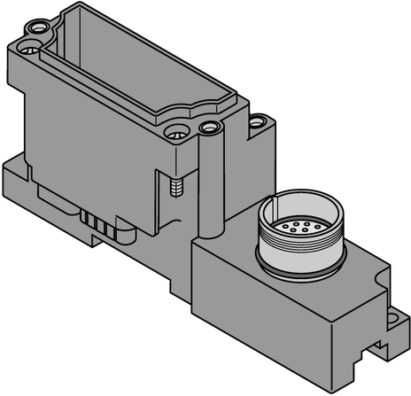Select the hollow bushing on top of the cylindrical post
210,128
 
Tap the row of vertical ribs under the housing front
99,221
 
